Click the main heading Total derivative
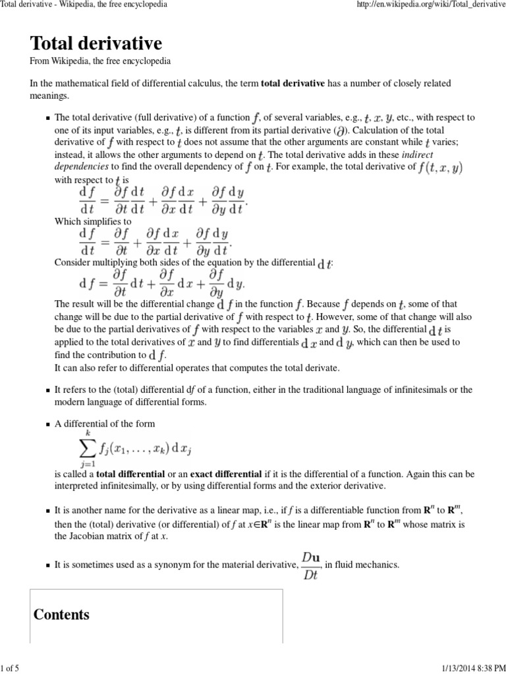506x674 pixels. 96,44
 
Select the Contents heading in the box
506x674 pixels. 61,615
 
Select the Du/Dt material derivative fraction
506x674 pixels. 311,564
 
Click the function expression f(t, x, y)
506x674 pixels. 441,167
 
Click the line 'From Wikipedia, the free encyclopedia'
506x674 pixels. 101,61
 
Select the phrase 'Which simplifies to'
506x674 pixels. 92,222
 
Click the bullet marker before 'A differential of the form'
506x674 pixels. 47,425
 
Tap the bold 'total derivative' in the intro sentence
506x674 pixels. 293,84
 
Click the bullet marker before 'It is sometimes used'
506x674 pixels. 47,565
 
